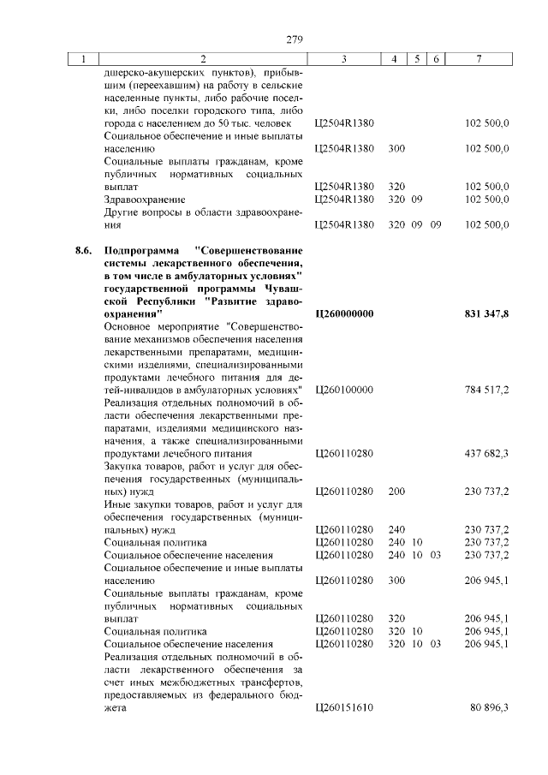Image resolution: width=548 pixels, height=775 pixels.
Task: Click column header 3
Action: pos(342,60)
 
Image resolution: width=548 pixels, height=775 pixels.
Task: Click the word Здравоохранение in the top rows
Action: pos(144,200)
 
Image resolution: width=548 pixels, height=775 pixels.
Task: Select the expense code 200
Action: pos(396,492)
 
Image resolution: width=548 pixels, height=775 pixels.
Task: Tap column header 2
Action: pos(203,60)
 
